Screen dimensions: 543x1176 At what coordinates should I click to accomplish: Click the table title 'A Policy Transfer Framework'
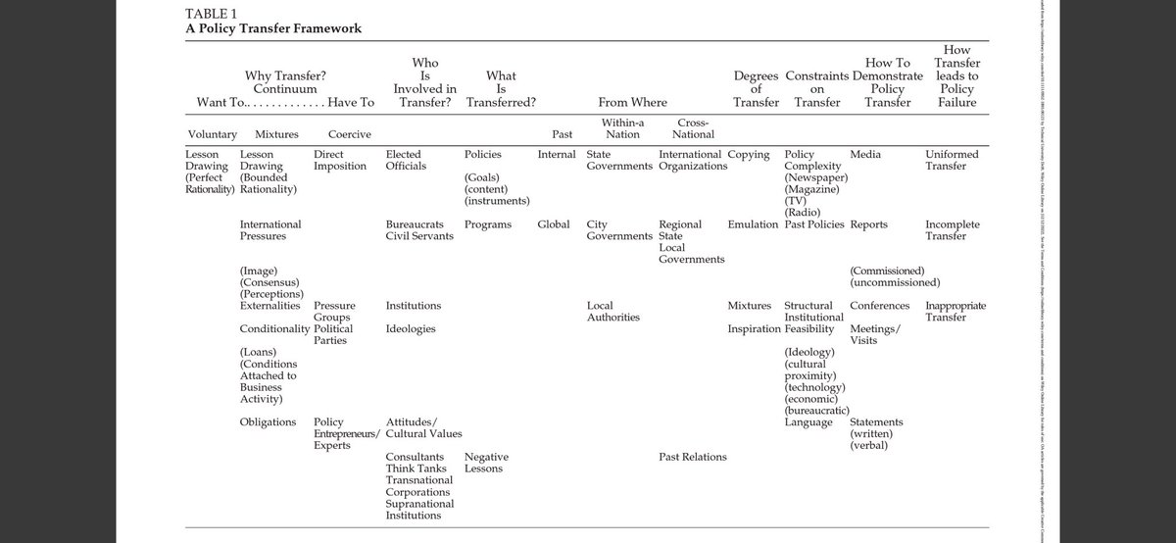[273, 28]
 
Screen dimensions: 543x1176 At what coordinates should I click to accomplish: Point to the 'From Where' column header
[632, 102]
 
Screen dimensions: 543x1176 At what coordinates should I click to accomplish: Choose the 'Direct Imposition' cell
[339, 161]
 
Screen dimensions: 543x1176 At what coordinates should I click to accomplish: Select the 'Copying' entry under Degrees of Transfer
[750, 155]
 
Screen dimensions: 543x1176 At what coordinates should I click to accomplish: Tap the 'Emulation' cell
[754, 224]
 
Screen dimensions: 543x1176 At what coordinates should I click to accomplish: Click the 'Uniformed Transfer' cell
[952, 161]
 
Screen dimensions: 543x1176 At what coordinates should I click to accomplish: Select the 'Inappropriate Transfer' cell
[955, 312]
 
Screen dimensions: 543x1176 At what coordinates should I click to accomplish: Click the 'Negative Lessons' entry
[486, 463]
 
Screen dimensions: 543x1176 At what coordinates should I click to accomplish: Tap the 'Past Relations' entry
[693, 457]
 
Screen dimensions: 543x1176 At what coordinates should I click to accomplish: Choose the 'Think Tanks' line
[416, 469]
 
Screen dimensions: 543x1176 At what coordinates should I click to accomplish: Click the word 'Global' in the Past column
[554, 224]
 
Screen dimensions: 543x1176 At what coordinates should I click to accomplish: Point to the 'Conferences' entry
[880, 306]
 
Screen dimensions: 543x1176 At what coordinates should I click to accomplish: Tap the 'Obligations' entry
[268, 422]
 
